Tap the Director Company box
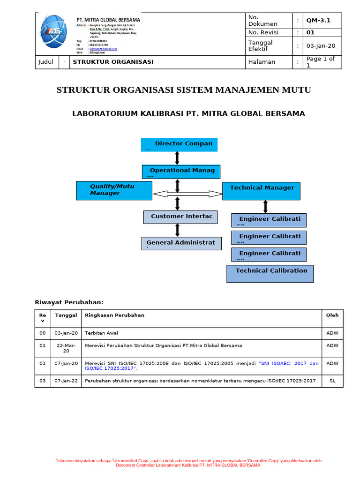point(179,144)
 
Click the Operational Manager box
point(180,172)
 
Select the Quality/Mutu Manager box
point(114,190)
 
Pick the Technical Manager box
point(261,191)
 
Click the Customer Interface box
point(180,217)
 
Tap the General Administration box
point(181,243)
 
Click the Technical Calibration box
point(270,273)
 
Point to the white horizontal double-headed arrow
point(187,194)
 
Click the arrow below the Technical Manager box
point(266,206)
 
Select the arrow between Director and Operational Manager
point(177,158)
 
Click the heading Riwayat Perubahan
point(69,302)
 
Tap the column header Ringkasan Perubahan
point(114,315)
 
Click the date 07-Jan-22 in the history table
point(66,381)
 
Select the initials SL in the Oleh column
point(332,381)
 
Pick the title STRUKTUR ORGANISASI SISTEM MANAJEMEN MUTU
point(184,90)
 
